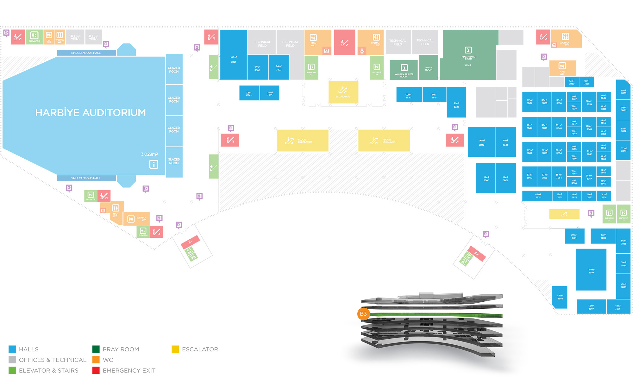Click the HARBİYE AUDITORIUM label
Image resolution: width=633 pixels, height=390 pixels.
tap(91, 113)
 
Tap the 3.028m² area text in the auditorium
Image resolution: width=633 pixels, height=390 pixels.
tap(149, 154)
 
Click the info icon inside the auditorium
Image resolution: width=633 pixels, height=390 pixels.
tap(154, 164)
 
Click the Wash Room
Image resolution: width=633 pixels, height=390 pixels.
tap(429, 68)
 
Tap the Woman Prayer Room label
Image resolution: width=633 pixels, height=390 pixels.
tap(404, 75)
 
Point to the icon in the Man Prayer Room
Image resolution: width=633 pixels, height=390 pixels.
tap(468, 50)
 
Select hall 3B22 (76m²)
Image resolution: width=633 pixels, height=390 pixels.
tap(456, 105)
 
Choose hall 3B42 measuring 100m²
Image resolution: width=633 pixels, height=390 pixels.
tap(481, 142)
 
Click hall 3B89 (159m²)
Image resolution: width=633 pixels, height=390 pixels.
tap(591, 271)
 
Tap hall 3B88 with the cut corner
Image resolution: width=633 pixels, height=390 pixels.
tap(560, 297)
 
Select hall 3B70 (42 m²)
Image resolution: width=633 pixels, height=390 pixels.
tap(538, 196)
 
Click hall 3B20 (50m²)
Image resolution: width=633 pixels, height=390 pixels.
tap(408, 96)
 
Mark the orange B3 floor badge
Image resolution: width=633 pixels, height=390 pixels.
tap(363, 314)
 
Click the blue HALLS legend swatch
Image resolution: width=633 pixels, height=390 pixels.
tap(12, 349)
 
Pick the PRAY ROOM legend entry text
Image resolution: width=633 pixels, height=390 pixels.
tap(121, 349)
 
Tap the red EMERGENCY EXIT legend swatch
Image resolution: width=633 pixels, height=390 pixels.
tap(96, 370)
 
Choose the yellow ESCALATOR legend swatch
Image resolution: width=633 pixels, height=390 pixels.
tap(175, 349)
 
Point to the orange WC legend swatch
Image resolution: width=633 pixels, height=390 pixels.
tap(96, 360)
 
